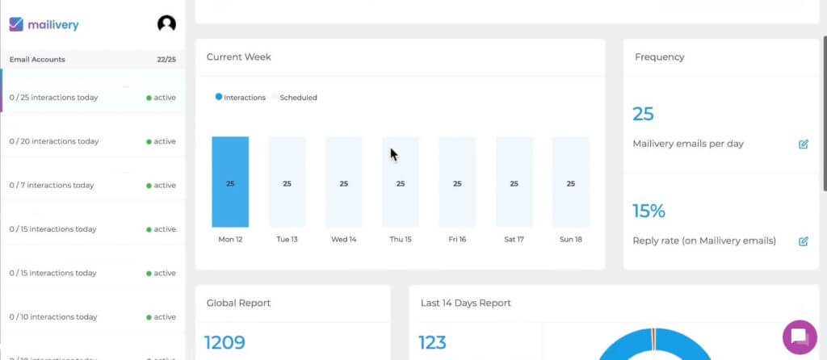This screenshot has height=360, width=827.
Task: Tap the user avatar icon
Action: pos(166,24)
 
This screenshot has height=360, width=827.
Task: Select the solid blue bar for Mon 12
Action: pos(230,182)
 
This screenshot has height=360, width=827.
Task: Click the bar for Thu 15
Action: pos(401,182)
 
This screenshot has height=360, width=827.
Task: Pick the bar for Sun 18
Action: pos(570,182)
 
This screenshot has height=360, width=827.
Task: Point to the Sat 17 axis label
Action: pos(514,239)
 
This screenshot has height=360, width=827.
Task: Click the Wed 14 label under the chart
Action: pos(343,239)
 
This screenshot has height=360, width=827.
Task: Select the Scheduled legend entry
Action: pos(297,98)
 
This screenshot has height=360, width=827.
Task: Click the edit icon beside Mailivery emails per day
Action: pos(804,144)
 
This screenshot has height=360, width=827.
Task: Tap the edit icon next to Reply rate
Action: pos(804,241)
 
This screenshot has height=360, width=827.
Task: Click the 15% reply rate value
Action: pos(649,211)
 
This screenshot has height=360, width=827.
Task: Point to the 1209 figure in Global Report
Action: pos(225,342)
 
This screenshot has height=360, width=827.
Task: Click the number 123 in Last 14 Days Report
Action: pos(432,342)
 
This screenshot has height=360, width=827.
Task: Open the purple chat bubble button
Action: pos(800,337)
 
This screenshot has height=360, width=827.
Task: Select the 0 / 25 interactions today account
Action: pos(53,98)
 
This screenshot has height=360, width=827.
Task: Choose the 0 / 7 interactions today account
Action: pos(52,185)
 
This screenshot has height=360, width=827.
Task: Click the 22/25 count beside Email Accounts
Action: pos(166,59)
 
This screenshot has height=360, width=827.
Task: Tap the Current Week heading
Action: pos(239,57)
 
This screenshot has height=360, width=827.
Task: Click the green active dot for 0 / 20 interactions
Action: pos(149,141)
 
